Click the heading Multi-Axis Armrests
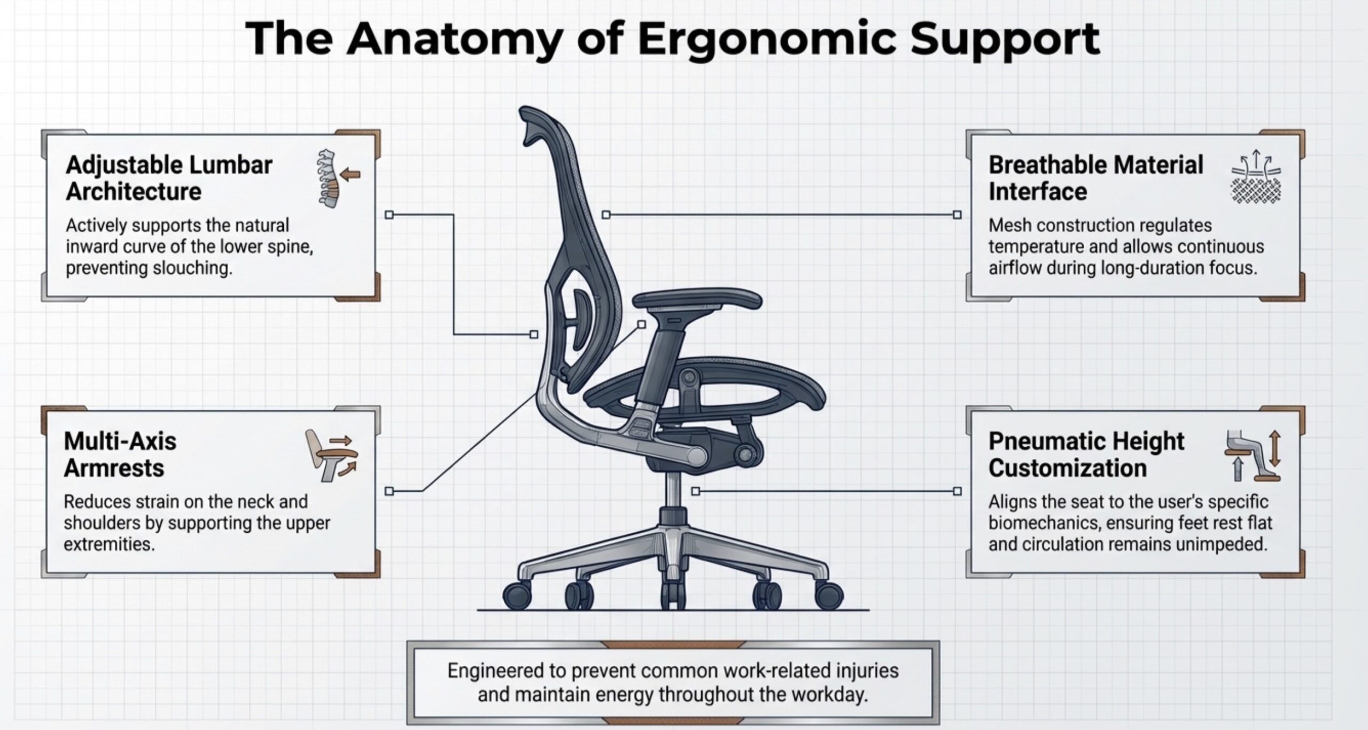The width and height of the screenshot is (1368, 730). [x=120, y=455]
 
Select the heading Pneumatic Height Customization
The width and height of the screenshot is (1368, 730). [x=1086, y=455]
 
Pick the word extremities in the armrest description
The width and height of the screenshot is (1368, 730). [x=109, y=544]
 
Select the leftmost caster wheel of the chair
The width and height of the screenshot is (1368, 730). [x=517, y=595]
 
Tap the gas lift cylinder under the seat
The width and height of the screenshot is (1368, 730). [x=674, y=491]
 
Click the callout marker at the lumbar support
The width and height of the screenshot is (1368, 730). [x=533, y=335]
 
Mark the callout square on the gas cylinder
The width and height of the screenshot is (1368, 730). [x=695, y=491]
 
